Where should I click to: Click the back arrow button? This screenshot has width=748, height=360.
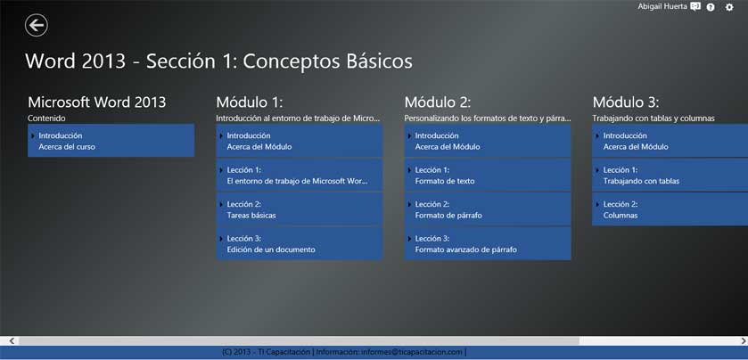37,25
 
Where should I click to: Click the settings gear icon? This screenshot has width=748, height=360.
729,7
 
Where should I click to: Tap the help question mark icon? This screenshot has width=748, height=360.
711,7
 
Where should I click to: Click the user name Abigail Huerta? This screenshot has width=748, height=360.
662,6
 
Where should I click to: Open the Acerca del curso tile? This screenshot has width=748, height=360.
111,141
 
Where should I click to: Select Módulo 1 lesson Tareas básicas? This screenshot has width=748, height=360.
299,209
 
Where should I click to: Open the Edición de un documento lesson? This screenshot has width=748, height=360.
299,243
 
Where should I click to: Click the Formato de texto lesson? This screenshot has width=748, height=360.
488,175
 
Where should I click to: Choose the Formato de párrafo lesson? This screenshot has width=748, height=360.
488,209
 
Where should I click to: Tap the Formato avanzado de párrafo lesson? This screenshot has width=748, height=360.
488,243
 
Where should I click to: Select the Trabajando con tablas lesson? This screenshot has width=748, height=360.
670,175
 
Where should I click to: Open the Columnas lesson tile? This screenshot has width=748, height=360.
670,209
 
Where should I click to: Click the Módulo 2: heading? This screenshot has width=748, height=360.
438,102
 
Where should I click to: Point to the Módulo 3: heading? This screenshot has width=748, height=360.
626,102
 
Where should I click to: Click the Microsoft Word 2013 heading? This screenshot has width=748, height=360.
97,102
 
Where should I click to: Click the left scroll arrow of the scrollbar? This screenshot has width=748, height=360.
12,340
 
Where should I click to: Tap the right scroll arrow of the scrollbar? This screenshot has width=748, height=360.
744,340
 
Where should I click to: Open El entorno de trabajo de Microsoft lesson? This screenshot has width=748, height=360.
299,175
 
